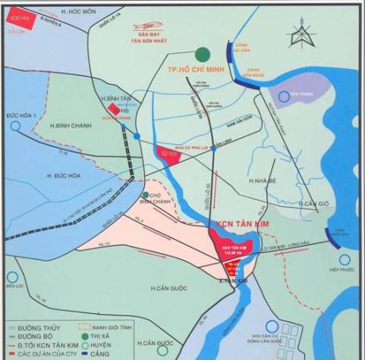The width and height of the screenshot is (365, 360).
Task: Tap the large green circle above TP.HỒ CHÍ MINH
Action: point(201,54)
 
